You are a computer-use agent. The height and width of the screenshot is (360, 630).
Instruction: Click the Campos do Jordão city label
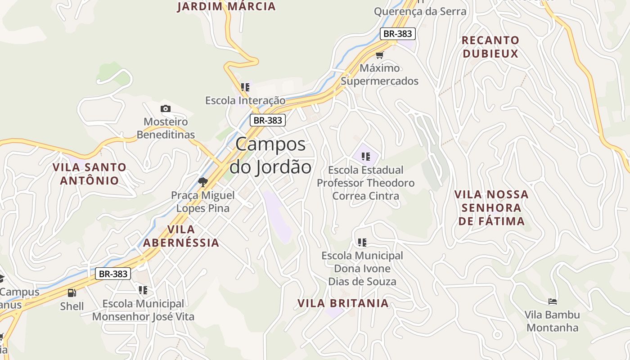click(270, 156)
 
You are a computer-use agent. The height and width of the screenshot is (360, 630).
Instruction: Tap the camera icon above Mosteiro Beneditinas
click(166, 108)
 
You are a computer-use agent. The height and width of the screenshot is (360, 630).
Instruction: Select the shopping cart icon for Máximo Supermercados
click(380, 55)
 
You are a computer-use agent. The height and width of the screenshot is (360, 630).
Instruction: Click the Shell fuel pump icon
click(72, 293)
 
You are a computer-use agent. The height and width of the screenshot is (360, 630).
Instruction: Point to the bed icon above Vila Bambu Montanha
click(553, 301)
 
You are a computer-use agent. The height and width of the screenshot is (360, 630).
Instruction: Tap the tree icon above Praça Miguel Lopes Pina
click(203, 182)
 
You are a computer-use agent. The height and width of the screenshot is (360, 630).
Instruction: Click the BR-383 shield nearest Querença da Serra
click(397, 34)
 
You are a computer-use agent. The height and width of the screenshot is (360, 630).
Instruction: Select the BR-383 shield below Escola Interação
click(268, 120)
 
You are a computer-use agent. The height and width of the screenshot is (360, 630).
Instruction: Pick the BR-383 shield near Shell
click(113, 274)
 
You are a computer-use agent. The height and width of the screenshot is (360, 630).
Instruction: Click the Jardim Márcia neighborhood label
click(226, 6)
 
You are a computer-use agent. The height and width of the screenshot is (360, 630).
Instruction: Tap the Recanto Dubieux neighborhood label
click(490, 47)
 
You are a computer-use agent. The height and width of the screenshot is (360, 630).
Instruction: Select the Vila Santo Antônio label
click(90, 174)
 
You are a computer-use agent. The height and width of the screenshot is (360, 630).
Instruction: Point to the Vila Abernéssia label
click(181, 236)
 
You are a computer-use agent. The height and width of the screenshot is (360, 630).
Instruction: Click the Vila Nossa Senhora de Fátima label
click(491, 207)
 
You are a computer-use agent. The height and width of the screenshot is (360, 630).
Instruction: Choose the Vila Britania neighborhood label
click(343, 303)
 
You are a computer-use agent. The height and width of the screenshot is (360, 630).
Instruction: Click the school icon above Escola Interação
click(245, 87)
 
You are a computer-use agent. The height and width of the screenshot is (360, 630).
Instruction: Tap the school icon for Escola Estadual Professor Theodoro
click(366, 157)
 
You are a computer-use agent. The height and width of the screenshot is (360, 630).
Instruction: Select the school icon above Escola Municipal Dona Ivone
click(362, 243)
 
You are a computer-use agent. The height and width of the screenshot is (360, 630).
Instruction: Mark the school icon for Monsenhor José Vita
click(143, 290)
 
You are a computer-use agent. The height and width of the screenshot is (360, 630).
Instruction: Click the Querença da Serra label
click(420, 11)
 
